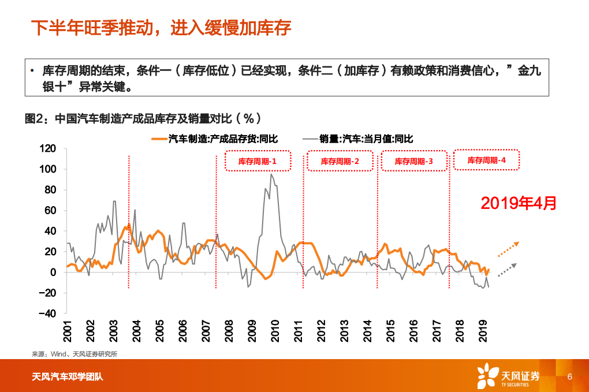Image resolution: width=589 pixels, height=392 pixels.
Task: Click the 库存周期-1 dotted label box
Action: coord(257,162)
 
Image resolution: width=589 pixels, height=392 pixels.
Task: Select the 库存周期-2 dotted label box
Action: coord(340,162)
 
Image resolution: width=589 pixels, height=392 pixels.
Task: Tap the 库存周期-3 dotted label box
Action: coord(413,162)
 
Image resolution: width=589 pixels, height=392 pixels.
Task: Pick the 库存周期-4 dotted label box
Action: coord(486,160)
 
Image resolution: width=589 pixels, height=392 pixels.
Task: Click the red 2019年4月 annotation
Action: coord(519,203)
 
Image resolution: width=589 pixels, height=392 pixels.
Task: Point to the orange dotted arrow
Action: coord(508,248)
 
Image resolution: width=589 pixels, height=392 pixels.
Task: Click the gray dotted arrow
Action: coord(507,270)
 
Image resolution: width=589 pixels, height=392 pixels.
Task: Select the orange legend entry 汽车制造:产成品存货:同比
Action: coord(214,139)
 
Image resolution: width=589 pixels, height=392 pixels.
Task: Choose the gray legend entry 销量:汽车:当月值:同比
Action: coord(358,139)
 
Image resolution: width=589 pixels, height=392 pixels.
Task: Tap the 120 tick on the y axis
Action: coord(48,148)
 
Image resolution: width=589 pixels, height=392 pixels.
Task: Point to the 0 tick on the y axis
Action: coord(53,272)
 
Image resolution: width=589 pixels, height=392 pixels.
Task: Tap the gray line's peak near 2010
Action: coord(271,174)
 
